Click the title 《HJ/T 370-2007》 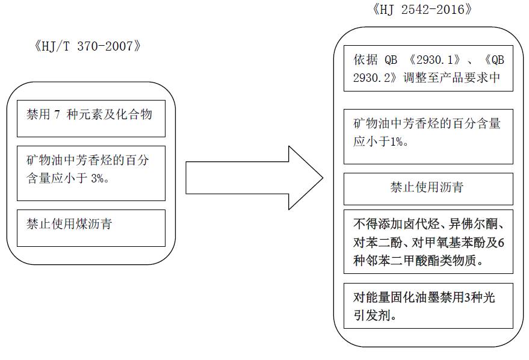[x=87, y=46]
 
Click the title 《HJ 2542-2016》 [x=422, y=10]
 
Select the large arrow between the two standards [x=255, y=178]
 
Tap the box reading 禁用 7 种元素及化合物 [x=91, y=119]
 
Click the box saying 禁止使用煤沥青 [x=91, y=228]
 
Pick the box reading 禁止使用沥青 [x=428, y=189]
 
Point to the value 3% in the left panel [x=97, y=178]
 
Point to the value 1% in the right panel [x=397, y=141]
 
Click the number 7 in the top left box [x=57, y=114]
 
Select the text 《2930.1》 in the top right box [x=434, y=60]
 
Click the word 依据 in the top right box [x=365, y=60]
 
